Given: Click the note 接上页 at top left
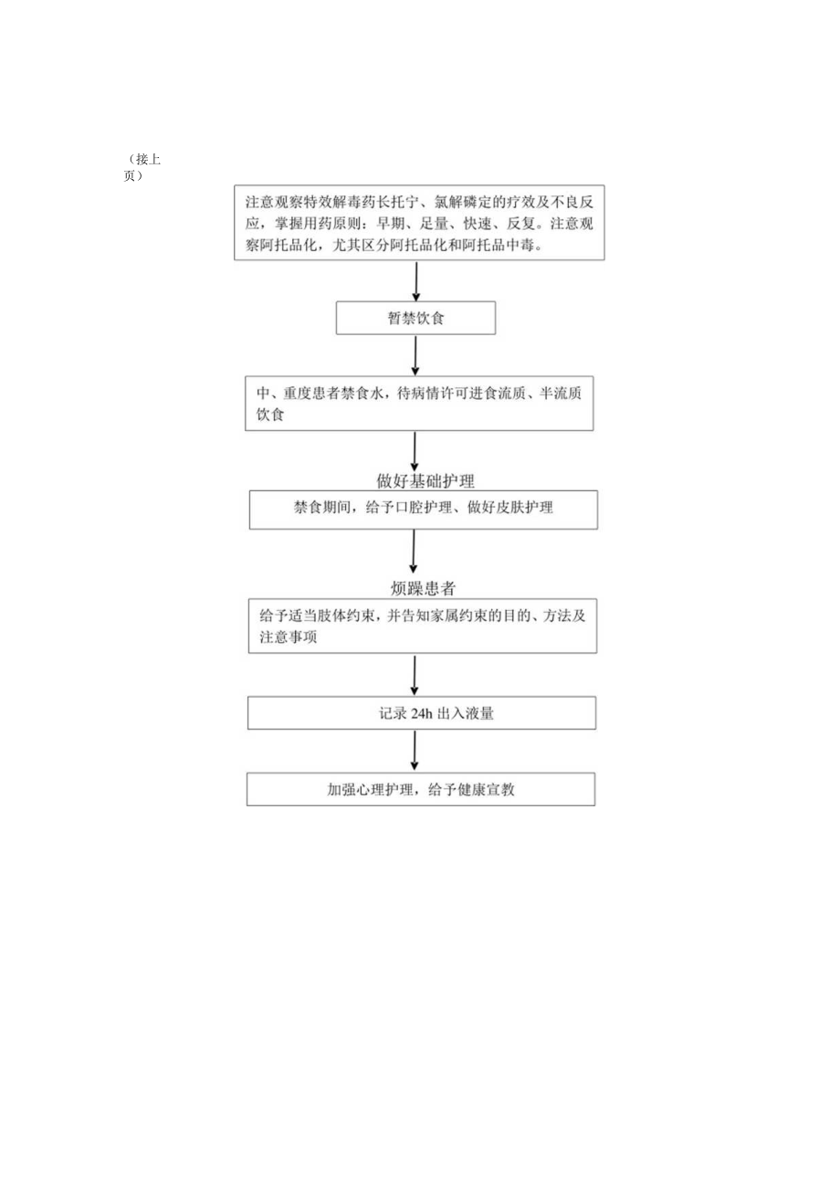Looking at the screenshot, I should tap(144, 166).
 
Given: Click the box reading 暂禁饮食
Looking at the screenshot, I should tap(415, 320).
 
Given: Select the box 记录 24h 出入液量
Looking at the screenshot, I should tap(422, 713).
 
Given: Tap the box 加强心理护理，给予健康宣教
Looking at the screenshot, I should tap(421, 790).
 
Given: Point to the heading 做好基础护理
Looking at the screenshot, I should tap(425, 479).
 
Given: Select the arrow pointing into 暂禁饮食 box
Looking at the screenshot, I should tap(417, 281).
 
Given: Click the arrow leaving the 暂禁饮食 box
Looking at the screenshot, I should tap(416, 355).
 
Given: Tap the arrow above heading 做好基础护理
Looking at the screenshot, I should tap(415, 450).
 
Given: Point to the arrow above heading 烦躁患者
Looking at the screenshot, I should tap(414, 552).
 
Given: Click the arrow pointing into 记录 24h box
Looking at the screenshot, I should tap(415, 676).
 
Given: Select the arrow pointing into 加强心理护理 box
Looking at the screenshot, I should tap(415, 751).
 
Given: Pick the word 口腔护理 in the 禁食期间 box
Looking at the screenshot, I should tap(422, 509).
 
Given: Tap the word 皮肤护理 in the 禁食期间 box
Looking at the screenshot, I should tap(523, 509).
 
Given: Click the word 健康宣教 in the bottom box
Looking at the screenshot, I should tap(485, 790).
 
